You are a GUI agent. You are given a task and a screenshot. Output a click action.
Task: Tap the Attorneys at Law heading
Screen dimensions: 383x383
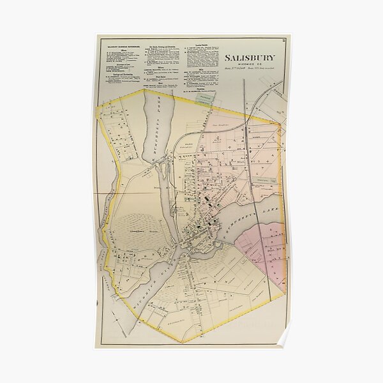121,72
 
